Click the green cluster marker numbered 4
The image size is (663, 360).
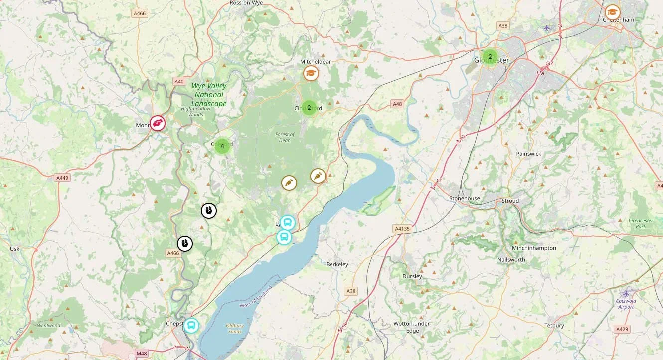[x=222, y=146]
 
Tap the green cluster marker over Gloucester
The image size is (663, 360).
[x=490, y=57]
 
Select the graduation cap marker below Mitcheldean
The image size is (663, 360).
[x=311, y=74]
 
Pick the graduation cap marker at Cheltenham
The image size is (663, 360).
[x=612, y=12]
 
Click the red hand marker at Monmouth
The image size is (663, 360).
[x=158, y=123]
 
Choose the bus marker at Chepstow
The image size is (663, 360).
[x=191, y=326]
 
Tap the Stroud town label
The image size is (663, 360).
[x=510, y=201]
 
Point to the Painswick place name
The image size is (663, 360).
[x=528, y=154]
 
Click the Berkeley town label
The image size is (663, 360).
[x=337, y=264]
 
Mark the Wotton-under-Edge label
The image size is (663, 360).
[x=412, y=327]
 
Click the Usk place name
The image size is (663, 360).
[x=15, y=249]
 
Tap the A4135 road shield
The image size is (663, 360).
[x=402, y=229]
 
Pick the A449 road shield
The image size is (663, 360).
[x=62, y=178]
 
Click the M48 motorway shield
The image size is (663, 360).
[x=142, y=354]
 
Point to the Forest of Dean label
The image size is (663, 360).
[x=285, y=137]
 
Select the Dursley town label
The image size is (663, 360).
[x=412, y=276]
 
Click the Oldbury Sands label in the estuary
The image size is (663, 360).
[x=234, y=328]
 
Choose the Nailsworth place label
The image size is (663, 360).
[x=511, y=260]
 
